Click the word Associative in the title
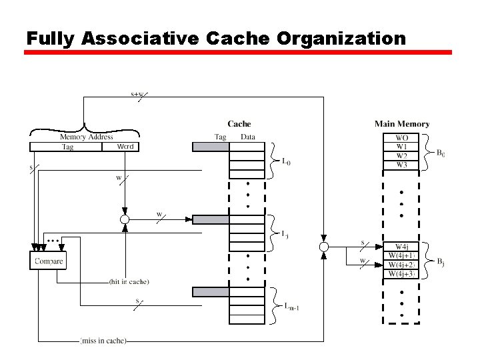point(139,38)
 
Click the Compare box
point(49,261)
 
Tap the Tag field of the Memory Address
point(67,147)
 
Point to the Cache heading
point(239,124)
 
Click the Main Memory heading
point(402,124)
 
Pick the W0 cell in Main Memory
point(402,138)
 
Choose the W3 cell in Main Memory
point(402,165)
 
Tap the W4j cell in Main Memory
point(402,247)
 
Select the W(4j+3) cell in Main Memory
point(402,273)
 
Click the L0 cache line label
point(286,161)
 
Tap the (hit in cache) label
point(129,282)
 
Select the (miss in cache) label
point(103,341)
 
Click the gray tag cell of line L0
point(211,147)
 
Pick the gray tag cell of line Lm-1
point(211,291)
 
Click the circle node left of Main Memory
point(324,247)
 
